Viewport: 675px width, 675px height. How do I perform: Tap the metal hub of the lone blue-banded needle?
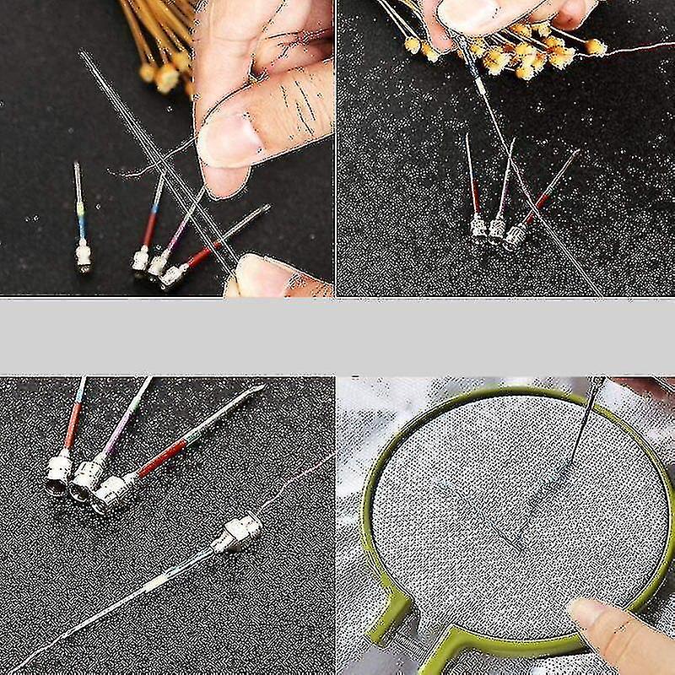click(83, 254)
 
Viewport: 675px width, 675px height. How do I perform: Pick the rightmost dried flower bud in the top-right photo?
click(596, 47)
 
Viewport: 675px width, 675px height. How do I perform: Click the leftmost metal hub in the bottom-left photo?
click(60, 472)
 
